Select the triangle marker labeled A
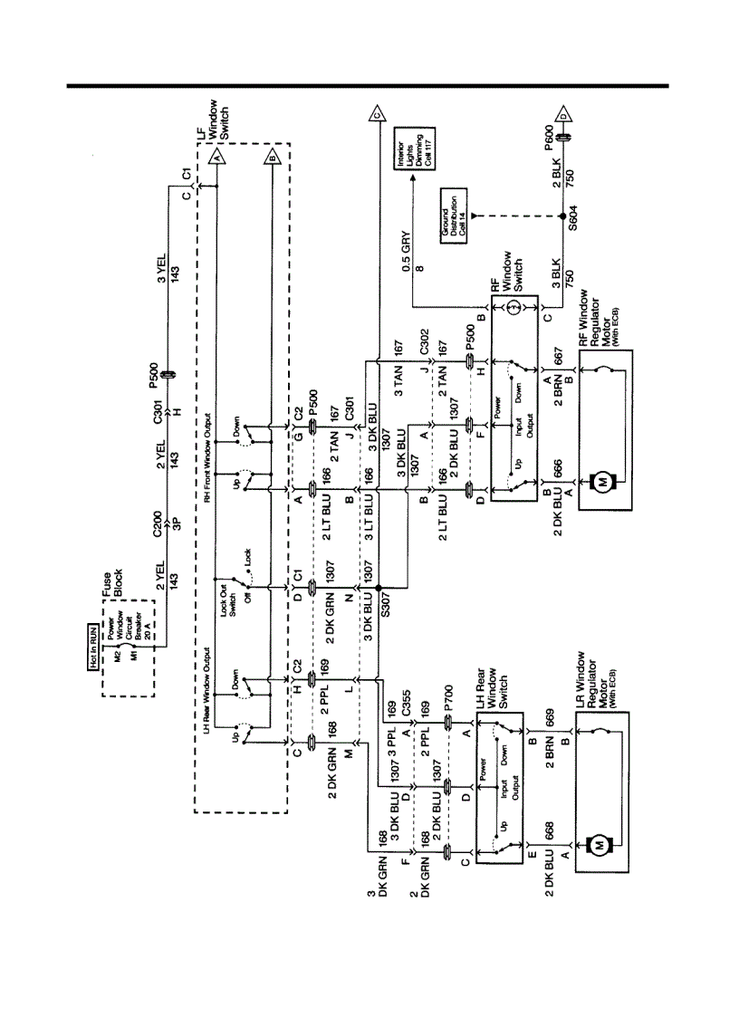[x=216, y=157]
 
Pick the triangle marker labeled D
[x=563, y=115]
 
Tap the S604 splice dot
[x=562, y=216]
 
